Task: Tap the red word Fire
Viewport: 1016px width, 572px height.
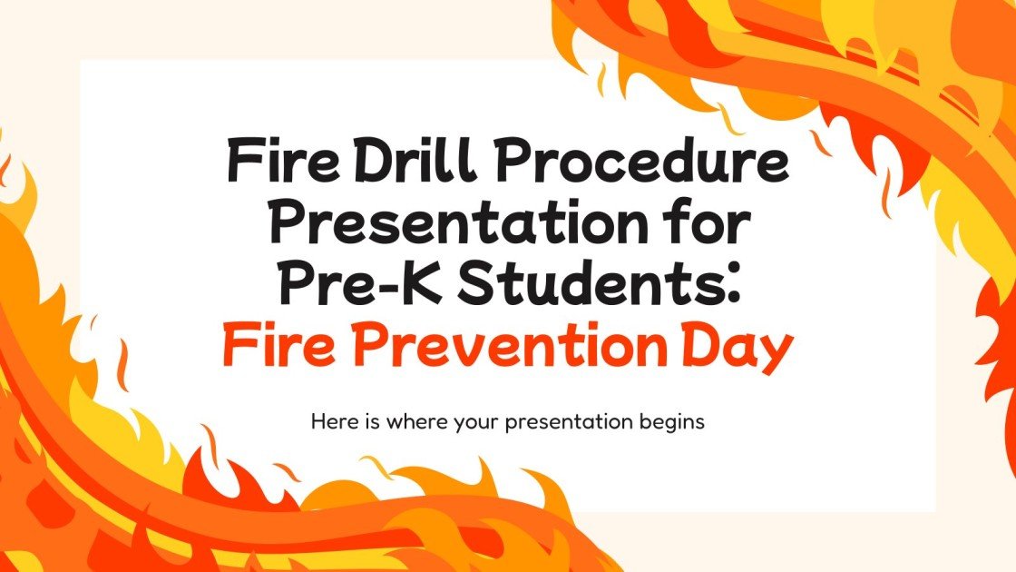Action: click(269, 350)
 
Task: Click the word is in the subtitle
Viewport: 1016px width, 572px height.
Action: click(363, 423)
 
